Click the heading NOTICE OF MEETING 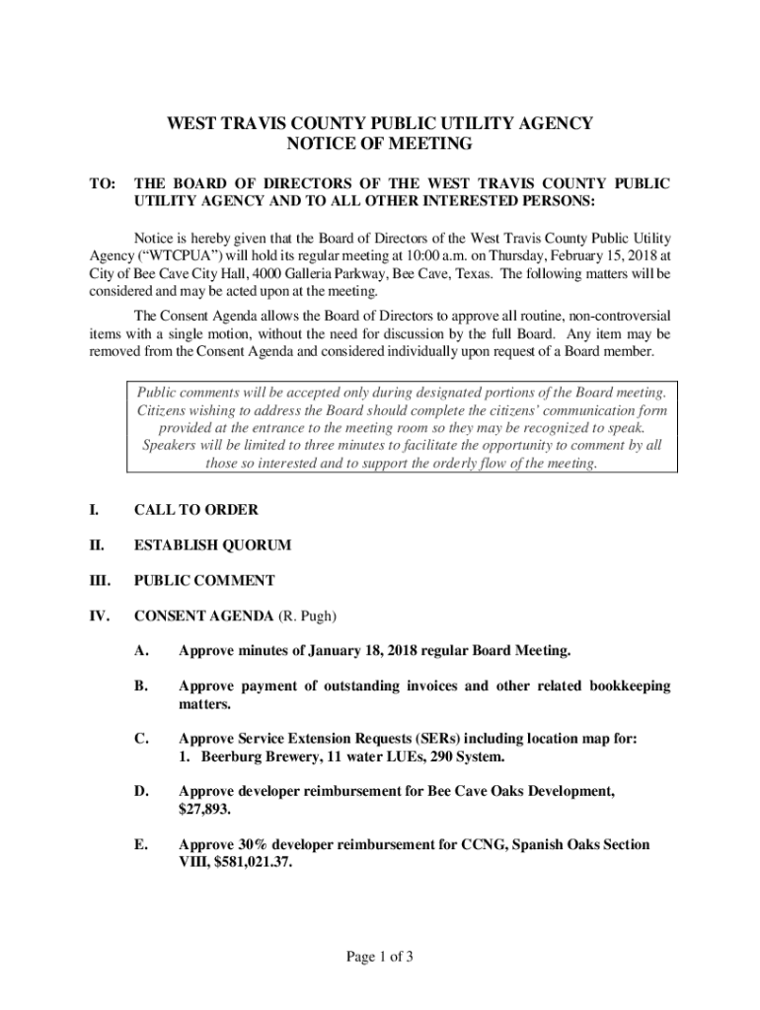coord(380,145)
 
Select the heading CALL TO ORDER coord(195,510)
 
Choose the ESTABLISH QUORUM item coord(212,545)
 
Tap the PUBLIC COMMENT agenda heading coord(204,581)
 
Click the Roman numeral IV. coord(98,616)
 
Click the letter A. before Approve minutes coord(142,651)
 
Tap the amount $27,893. coord(203,810)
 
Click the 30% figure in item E coord(253,845)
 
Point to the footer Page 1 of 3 coord(379,956)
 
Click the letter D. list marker coord(142,792)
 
